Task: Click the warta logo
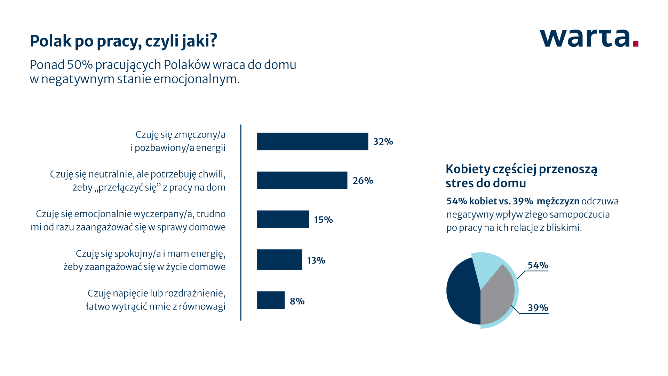pos(589,38)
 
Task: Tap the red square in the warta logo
pos(636,44)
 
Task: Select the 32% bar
pos(312,141)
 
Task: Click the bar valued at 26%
pos(302,180)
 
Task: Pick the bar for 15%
pos(283,219)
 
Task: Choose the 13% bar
pos(279,260)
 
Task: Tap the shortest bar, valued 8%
pos(271,300)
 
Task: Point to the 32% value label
pos(383,142)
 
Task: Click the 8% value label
pos(297,301)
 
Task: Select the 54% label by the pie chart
pos(538,265)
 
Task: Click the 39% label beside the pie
pos(538,308)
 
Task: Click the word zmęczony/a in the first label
pos(200,135)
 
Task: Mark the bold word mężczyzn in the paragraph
pos(558,201)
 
